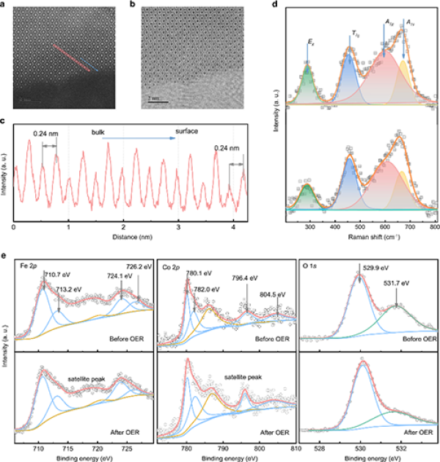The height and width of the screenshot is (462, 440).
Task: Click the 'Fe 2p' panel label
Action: tap(27, 263)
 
